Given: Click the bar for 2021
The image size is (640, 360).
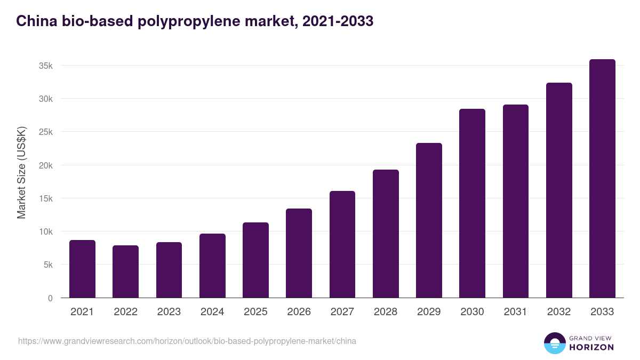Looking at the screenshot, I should tap(82, 269).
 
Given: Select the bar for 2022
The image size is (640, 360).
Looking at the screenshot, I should tap(125, 271).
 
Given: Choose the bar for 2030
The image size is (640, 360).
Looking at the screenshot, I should tap(472, 203).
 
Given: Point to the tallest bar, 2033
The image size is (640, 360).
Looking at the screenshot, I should tap(602, 179).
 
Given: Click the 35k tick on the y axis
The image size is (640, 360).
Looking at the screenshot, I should tap(45, 66).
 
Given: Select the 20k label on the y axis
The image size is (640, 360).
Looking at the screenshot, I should tap(45, 165).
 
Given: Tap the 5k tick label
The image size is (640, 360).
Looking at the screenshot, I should tap(47, 265).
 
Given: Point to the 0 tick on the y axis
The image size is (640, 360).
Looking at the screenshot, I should tap(50, 298).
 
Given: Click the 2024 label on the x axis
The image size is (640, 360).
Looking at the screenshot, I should tap(212, 312).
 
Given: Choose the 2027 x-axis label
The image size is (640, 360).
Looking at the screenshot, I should tap(342, 312).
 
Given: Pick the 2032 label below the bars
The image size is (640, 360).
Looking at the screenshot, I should tap(559, 312).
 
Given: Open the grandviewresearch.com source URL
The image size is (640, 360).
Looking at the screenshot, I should tap(187, 341).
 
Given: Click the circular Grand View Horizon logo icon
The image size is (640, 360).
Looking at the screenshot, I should tap(554, 343).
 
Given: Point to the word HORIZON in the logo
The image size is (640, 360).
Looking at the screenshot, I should tap(592, 347).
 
